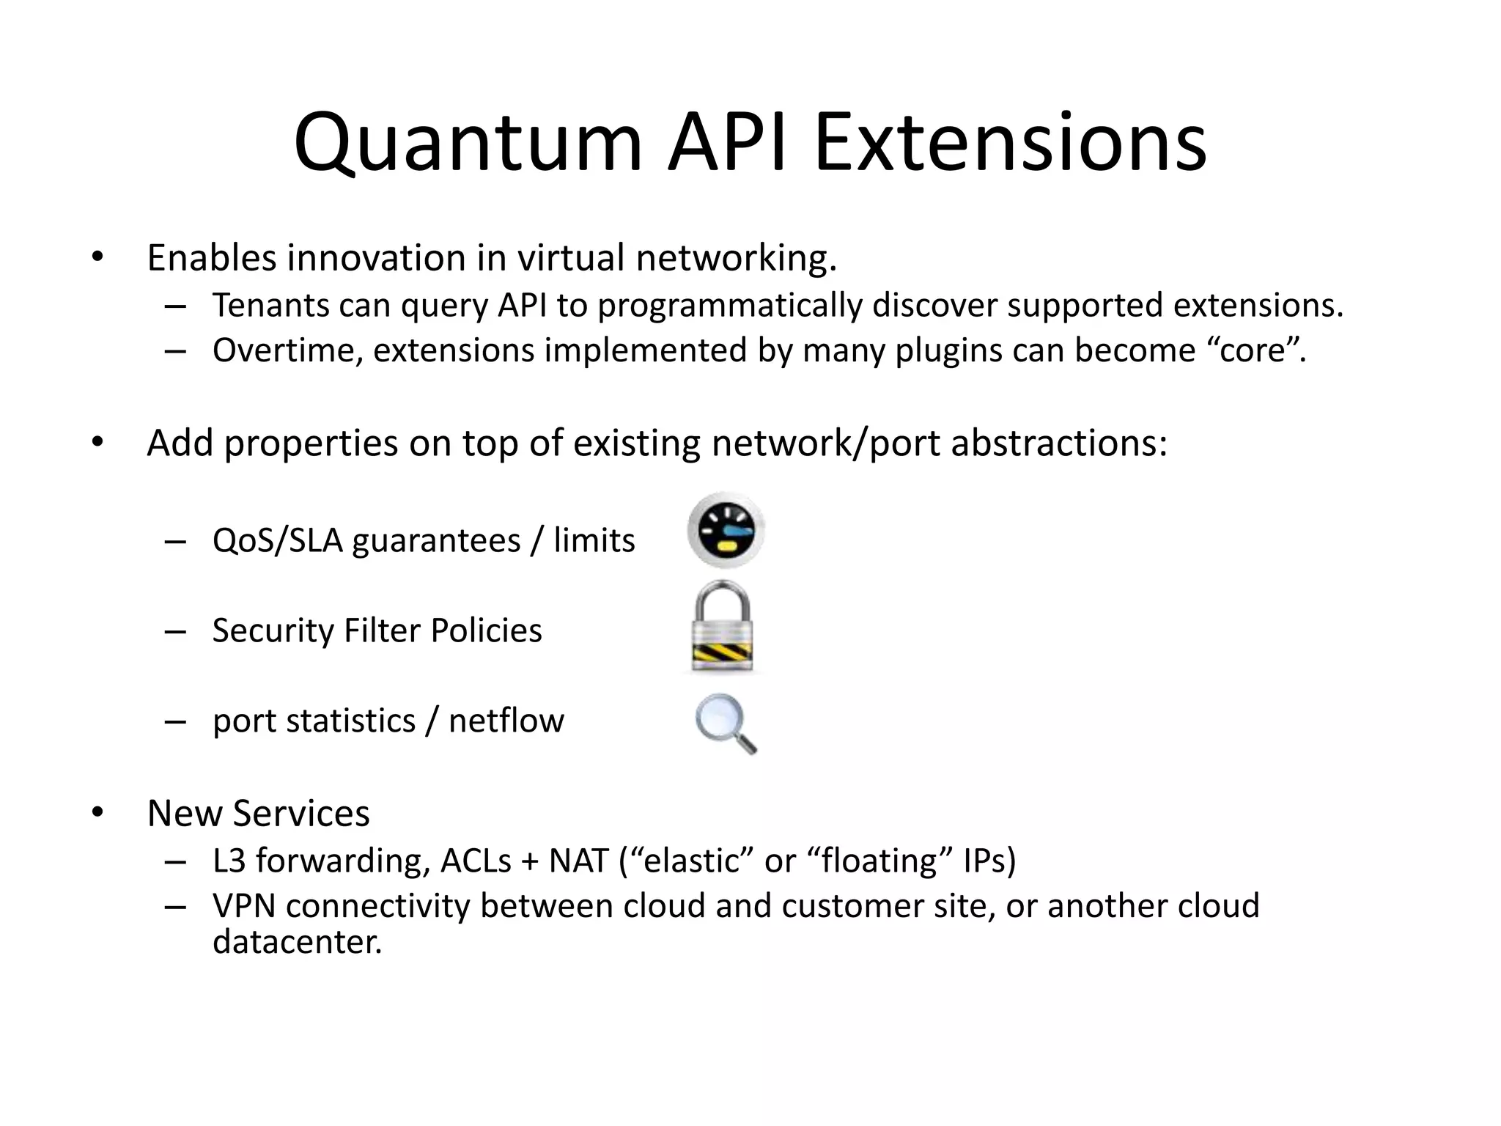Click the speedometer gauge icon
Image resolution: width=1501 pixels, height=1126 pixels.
point(726,531)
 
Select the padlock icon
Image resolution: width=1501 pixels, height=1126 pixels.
point(722,626)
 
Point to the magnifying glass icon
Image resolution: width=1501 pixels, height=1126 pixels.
point(725,723)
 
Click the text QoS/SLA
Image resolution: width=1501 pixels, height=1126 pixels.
point(277,541)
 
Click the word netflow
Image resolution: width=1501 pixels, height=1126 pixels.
point(506,721)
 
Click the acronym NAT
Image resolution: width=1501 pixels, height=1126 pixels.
point(579,861)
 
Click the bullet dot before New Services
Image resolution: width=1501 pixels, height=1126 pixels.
point(97,813)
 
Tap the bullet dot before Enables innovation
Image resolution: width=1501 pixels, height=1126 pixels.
point(97,257)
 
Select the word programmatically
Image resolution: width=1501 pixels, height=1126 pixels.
point(729,306)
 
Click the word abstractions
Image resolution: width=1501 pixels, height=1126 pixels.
point(1058,444)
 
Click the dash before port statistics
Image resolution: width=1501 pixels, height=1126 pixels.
point(175,721)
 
